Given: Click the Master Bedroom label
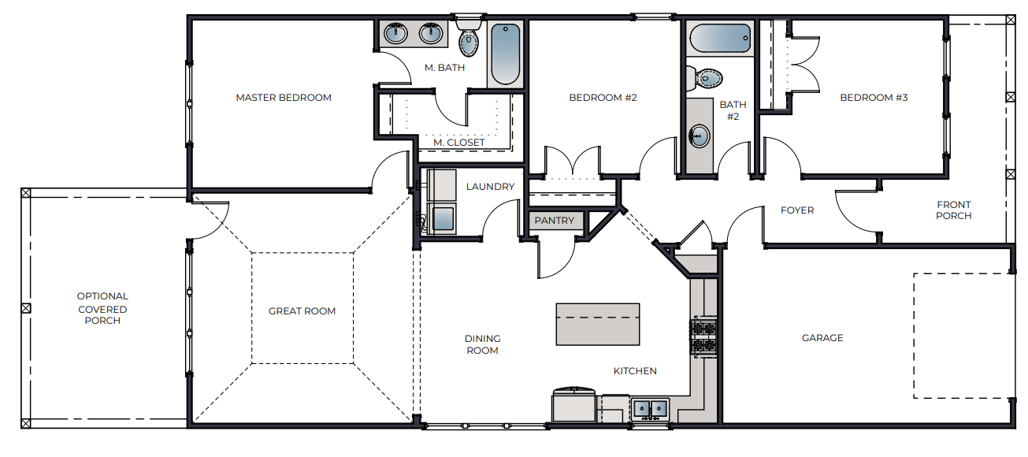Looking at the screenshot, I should click(x=284, y=98).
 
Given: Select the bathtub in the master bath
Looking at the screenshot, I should click(x=505, y=54).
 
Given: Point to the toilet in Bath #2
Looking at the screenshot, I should click(x=707, y=78).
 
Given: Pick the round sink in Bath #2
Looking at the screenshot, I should click(x=698, y=136).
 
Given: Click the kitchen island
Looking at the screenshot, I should click(x=597, y=324).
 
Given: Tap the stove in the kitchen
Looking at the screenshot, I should click(x=703, y=336).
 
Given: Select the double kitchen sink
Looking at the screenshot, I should click(x=650, y=408).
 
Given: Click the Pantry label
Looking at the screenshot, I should click(x=555, y=221).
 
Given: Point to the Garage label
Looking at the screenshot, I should click(x=822, y=338).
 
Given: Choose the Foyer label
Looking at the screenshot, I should click(x=797, y=210).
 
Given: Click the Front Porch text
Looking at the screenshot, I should click(x=953, y=210).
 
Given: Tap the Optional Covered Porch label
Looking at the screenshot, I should click(x=102, y=309).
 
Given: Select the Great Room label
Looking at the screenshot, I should click(x=302, y=311).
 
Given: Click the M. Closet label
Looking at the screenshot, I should click(x=459, y=143).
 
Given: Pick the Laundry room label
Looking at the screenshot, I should click(x=490, y=187).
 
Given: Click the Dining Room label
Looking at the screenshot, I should click(x=482, y=344).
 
